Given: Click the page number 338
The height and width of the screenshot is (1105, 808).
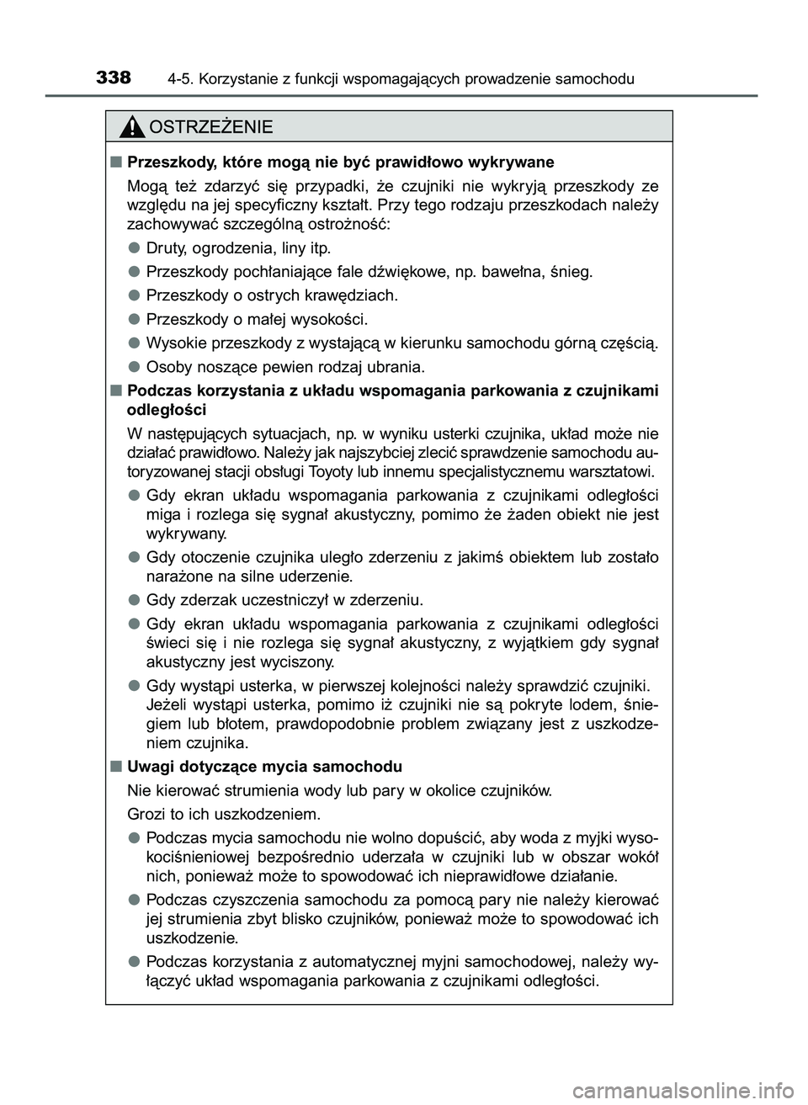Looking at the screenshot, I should pyautogui.click(x=114, y=78).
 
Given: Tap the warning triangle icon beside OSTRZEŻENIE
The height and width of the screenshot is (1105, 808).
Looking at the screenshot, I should pyautogui.click(x=133, y=128).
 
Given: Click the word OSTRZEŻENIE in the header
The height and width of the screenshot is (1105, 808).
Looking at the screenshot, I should pyautogui.click(x=210, y=128).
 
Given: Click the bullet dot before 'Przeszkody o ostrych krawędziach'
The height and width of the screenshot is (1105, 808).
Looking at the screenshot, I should pyautogui.click(x=134, y=295).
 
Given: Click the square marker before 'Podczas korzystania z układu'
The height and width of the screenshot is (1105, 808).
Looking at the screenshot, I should pyautogui.click(x=114, y=390).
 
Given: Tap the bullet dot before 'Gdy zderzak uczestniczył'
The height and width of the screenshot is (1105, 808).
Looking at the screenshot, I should pyautogui.click(x=134, y=600).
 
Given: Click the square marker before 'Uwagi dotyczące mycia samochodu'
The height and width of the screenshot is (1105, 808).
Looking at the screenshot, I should pyautogui.click(x=114, y=767).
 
